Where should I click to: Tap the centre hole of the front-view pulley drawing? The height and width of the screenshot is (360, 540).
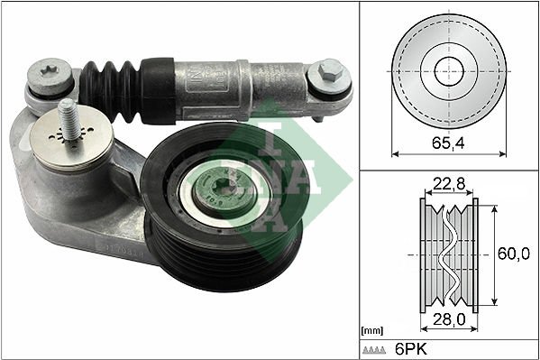tap(449, 72)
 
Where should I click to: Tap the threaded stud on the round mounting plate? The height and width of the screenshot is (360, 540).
tap(68, 118)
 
